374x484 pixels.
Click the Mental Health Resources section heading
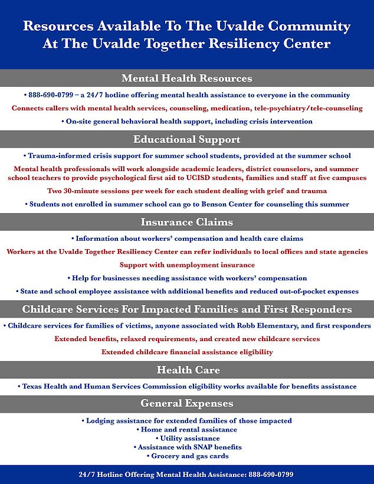186,79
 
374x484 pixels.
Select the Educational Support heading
186,140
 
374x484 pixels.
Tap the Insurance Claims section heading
186,223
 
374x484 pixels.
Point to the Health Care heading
186,370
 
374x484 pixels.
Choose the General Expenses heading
186,404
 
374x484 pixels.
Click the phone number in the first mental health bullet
50,95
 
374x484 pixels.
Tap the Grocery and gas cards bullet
187,456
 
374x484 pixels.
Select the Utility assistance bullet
187,438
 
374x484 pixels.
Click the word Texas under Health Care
34,387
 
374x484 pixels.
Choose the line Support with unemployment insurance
187,265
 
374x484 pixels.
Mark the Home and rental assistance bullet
186,429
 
